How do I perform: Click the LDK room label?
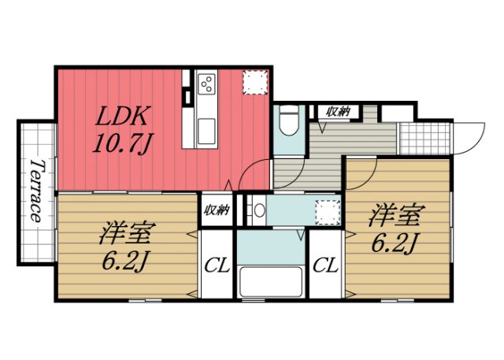(x=122, y=117)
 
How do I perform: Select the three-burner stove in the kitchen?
(x=206, y=83)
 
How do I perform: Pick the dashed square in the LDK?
(x=254, y=83)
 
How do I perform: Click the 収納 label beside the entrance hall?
(x=339, y=113)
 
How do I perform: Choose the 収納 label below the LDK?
(x=217, y=210)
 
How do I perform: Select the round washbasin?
(x=258, y=210)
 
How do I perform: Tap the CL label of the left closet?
(x=217, y=265)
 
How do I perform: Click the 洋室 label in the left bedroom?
(x=127, y=234)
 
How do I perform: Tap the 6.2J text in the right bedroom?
(x=394, y=241)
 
